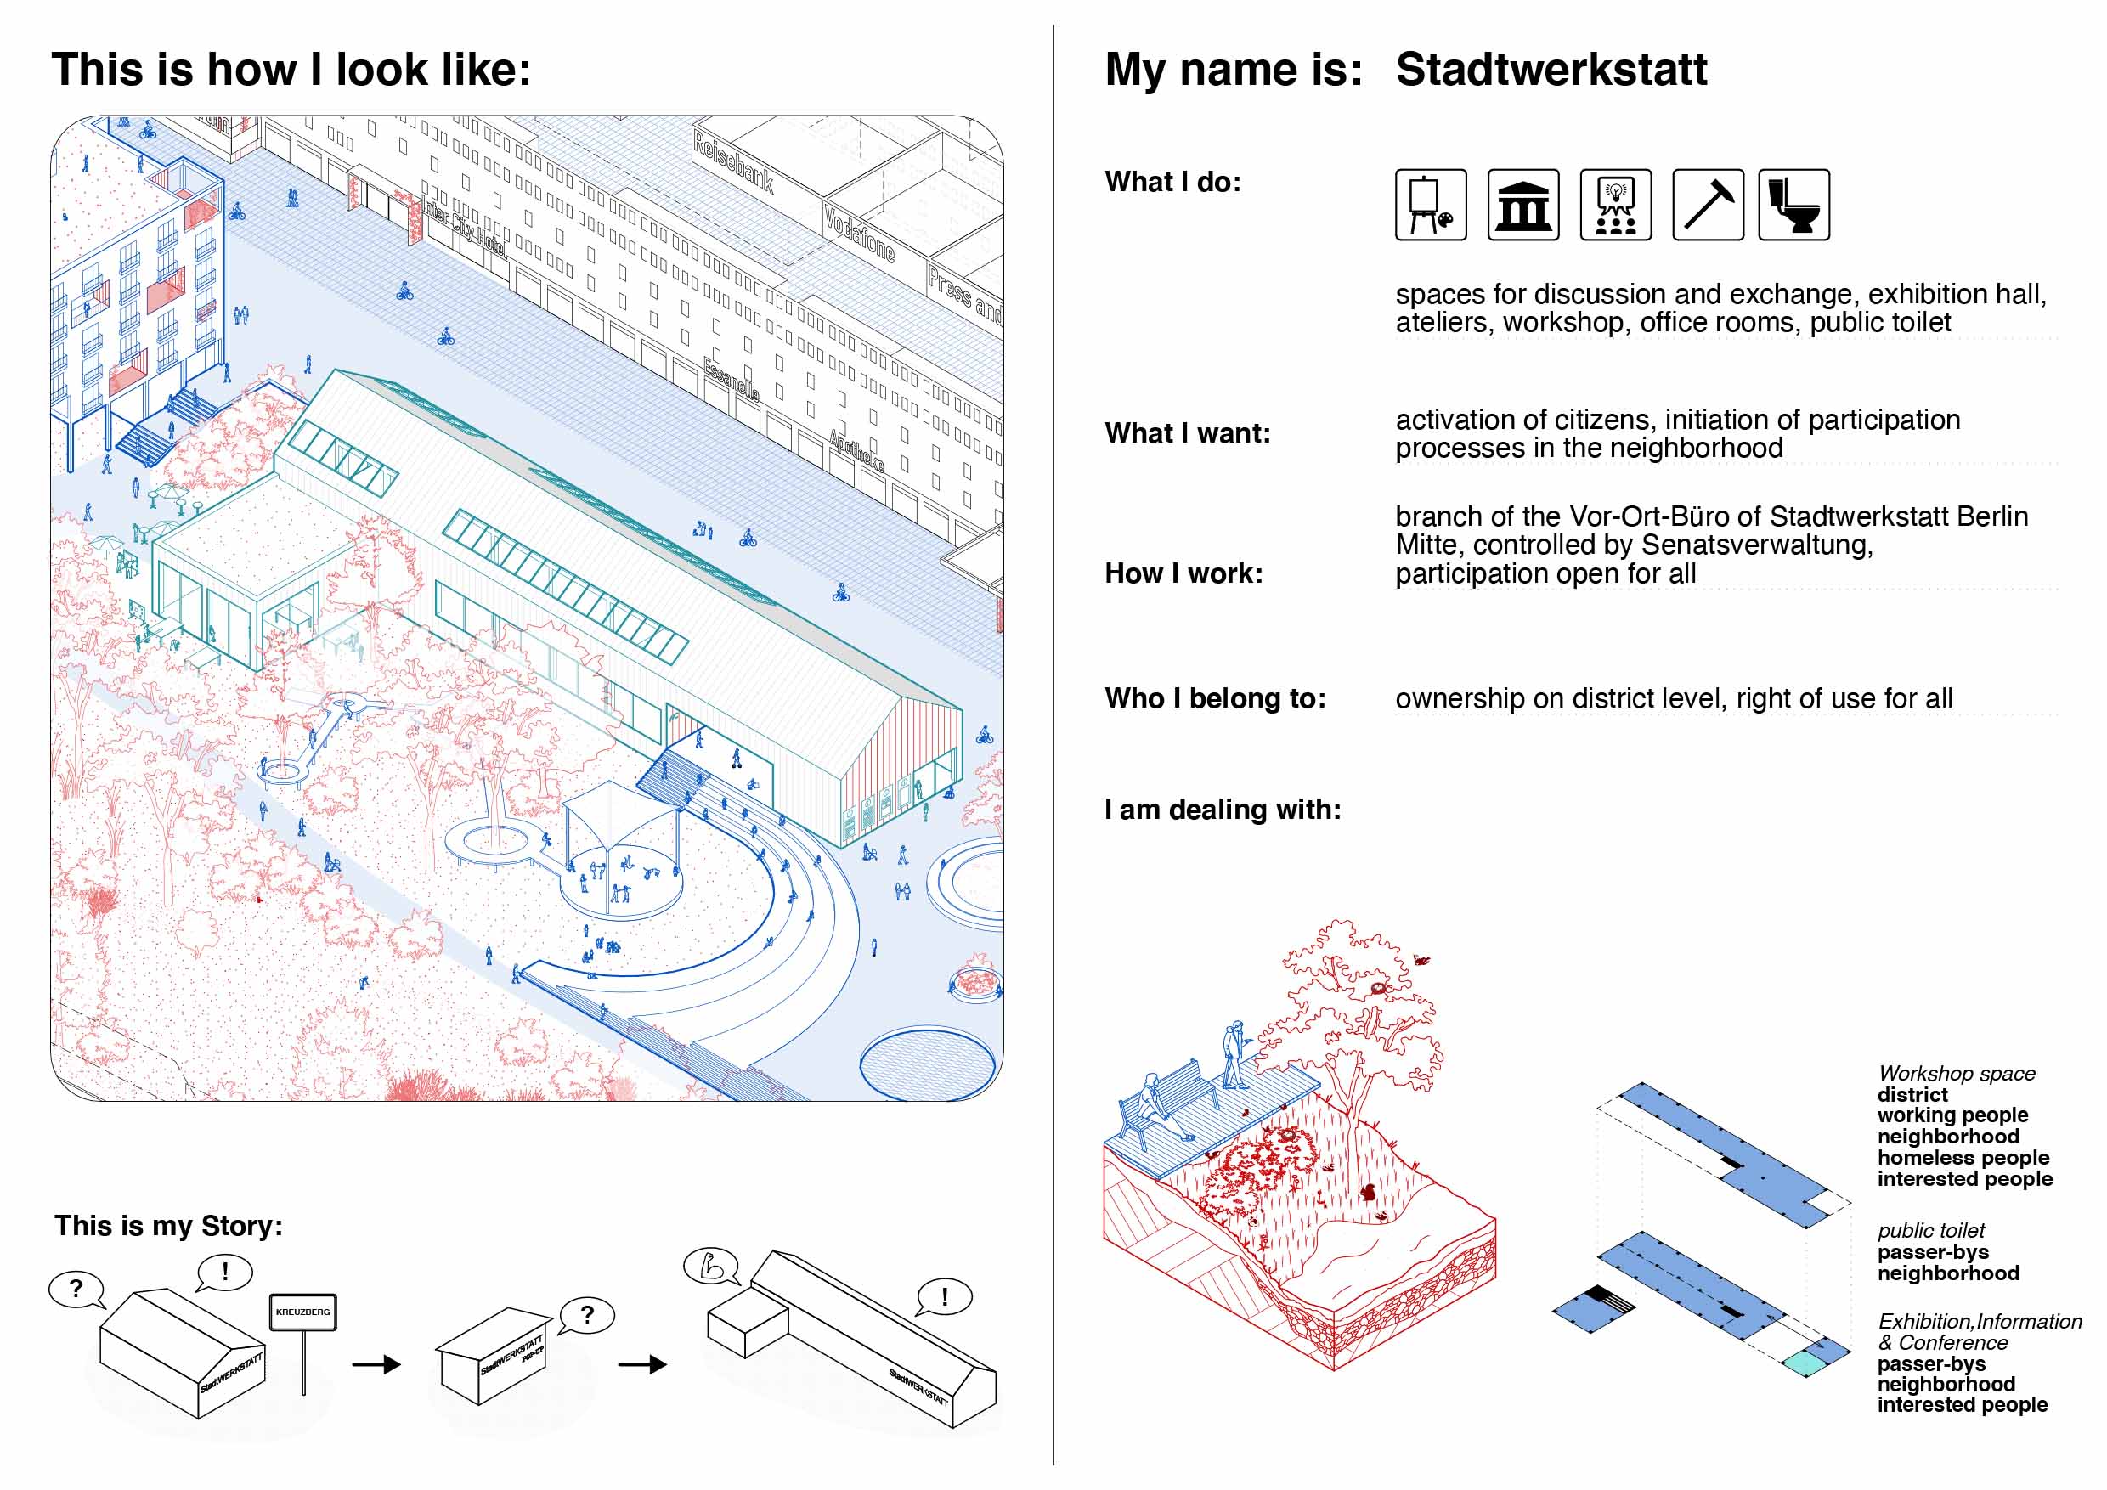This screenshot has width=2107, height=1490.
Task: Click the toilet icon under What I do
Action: [1793, 205]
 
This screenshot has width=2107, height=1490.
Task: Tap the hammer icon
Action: [1707, 205]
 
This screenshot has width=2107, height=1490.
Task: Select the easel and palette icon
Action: [1431, 205]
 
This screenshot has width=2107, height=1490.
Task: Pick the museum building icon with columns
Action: [1522, 205]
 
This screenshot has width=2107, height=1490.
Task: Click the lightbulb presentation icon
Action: [1615, 205]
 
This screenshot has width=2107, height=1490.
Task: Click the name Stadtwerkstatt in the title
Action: [1550, 70]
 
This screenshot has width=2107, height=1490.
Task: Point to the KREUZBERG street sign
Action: [302, 1312]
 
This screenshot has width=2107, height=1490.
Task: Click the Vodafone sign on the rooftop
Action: [858, 233]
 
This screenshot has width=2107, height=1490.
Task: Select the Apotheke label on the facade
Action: [856, 449]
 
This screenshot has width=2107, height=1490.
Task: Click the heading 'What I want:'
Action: [1188, 433]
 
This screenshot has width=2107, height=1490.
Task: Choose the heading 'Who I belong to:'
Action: [1215, 698]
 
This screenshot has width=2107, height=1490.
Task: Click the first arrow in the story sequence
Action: [376, 1364]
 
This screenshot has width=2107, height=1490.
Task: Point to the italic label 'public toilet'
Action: [1931, 1230]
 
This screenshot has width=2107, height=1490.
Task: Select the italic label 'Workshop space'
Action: [1956, 1074]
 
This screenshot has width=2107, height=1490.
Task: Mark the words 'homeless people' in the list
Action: [1962, 1158]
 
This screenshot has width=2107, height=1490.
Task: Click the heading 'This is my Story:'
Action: [169, 1226]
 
